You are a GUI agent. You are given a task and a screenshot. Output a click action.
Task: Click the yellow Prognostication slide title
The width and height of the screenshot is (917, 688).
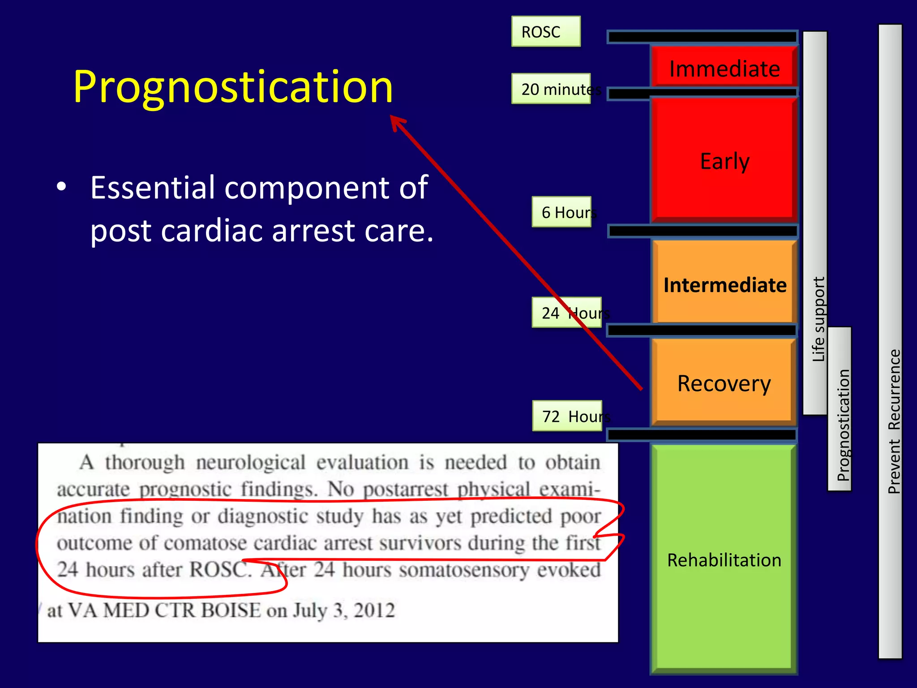click(x=233, y=87)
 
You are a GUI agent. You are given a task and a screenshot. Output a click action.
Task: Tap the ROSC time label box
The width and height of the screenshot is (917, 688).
click(x=545, y=32)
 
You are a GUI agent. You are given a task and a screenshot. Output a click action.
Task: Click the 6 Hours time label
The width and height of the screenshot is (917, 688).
click(x=562, y=212)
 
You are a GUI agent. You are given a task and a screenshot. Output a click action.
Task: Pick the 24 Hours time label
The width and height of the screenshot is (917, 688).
click(x=567, y=313)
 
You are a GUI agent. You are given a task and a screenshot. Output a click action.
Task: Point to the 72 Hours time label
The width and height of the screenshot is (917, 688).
click(x=567, y=416)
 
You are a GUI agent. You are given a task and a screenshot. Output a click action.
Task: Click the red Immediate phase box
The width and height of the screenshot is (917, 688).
click(x=724, y=68)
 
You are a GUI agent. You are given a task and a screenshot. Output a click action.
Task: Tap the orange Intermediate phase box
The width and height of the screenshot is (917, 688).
click(x=724, y=285)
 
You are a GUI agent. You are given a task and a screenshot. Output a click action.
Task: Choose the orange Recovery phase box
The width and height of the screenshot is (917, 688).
click(x=724, y=383)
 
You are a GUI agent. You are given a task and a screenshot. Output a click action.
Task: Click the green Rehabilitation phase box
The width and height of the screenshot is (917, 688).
click(x=724, y=560)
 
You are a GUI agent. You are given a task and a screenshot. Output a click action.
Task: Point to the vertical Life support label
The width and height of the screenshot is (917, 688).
click(x=818, y=319)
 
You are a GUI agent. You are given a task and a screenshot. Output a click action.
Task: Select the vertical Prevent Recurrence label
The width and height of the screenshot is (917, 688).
click(x=893, y=421)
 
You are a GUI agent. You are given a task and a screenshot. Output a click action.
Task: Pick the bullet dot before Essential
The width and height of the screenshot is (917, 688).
click(x=62, y=187)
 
